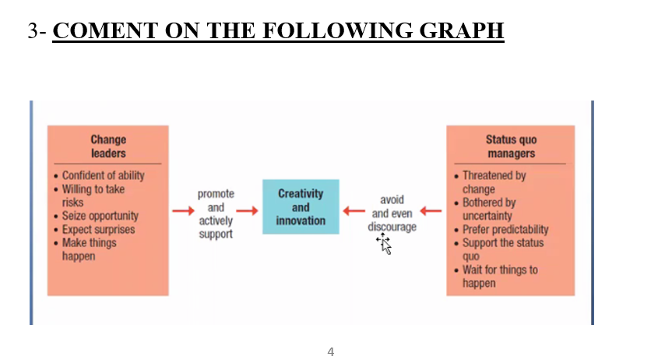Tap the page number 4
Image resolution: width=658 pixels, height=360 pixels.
[x=331, y=351]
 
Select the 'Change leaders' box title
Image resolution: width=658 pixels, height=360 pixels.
[x=107, y=146]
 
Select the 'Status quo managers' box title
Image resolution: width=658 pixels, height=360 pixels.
[x=511, y=146]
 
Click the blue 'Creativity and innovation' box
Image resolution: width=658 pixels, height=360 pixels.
[x=301, y=207]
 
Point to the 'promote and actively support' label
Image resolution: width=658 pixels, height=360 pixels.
[x=216, y=214]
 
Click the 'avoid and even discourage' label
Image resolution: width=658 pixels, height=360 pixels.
[x=392, y=214]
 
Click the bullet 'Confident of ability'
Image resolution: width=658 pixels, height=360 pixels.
[x=103, y=175]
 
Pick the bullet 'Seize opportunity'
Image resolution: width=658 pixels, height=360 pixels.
[x=100, y=216]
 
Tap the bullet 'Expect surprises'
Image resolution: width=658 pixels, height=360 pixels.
[x=98, y=229]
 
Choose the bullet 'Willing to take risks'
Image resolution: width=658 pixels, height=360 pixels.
[x=93, y=196]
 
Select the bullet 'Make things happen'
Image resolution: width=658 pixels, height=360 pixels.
[x=89, y=249]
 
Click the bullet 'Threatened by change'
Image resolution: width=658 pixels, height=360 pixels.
[x=494, y=182]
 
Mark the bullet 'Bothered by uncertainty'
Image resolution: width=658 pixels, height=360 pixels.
[x=488, y=209]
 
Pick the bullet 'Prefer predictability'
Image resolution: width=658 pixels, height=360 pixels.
[x=505, y=229]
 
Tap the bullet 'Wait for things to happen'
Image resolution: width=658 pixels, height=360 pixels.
[x=499, y=277]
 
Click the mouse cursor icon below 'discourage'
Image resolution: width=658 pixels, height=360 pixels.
[x=385, y=244]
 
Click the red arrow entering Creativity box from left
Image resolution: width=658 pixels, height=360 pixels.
[x=247, y=210]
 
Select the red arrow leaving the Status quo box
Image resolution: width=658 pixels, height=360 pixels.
[x=431, y=210]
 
